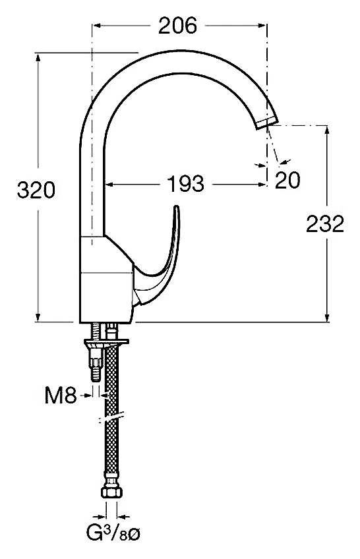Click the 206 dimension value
click(177, 25)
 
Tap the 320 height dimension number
click(36, 190)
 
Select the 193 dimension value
click(186, 184)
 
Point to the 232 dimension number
click(325, 224)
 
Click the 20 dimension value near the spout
click(287, 180)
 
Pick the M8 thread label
click(61, 396)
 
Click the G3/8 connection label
click(113, 534)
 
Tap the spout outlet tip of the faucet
click(266, 123)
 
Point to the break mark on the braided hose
click(111, 417)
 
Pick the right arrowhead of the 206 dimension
click(262, 25)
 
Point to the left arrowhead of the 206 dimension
click(97, 25)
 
